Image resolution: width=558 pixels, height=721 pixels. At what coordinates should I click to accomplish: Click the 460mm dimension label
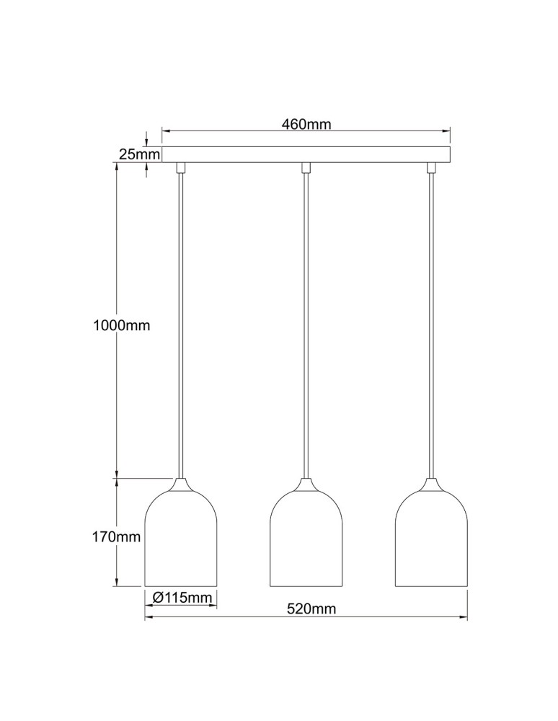tap(306, 124)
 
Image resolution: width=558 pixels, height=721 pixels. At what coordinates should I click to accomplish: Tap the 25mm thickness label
tap(138, 154)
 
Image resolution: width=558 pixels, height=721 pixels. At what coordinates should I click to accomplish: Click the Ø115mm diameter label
tap(182, 597)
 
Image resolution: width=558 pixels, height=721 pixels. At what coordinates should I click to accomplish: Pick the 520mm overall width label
tap(311, 609)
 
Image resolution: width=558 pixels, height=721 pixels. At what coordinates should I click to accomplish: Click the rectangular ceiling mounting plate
tap(306, 155)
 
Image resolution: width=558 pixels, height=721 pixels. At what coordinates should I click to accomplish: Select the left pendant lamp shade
tap(182, 541)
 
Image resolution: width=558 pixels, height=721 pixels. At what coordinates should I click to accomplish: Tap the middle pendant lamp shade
tap(306, 541)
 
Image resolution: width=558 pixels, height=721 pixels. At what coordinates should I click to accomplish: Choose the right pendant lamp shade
tap(431, 541)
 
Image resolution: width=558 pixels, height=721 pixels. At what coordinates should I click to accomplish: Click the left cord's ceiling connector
tap(180, 168)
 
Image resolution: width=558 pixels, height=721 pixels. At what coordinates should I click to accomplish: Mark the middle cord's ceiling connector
tap(306, 168)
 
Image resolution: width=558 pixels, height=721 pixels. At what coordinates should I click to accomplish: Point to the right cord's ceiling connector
tap(432, 168)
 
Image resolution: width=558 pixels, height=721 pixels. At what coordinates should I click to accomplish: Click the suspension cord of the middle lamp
tap(306, 324)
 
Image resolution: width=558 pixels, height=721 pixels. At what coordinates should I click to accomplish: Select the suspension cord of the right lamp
tap(432, 324)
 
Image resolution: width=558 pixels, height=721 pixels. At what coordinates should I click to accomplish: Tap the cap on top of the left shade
tap(181, 485)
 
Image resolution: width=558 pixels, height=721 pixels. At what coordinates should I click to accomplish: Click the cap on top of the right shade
tap(431, 485)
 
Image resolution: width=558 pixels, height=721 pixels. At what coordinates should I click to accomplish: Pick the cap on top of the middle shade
tap(306, 485)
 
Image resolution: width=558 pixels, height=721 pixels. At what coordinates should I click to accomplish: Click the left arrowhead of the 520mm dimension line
tap(149, 618)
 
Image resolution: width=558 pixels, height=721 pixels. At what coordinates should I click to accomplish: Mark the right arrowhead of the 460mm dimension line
tap(446, 132)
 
